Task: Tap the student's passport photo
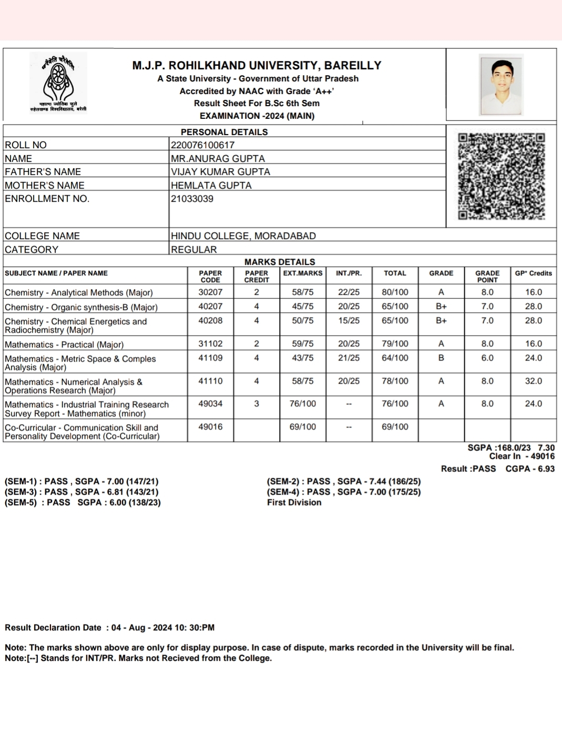pyautogui.click(x=501, y=85)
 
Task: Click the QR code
pyautogui.click(x=501, y=176)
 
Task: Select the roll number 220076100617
pyautogui.click(x=202, y=145)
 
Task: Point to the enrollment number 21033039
pyautogui.click(x=192, y=199)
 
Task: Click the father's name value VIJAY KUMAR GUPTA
pyautogui.click(x=220, y=172)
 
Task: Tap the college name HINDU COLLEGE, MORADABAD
pyautogui.click(x=243, y=236)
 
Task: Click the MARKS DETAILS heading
pyautogui.click(x=280, y=262)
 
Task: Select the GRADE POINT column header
pyautogui.click(x=487, y=276)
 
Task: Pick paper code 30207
pyautogui.click(x=210, y=292)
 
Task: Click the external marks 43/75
pyautogui.click(x=303, y=358)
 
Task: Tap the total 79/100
pyautogui.click(x=395, y=344)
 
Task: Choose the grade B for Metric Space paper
pyautogui.click(x=441, y=358)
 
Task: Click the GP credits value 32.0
pyautogui.click(x=533, y=381)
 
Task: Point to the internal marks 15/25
pyautogui.click(x=349, y=321)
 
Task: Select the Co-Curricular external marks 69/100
pyautogui.click(x=303, y=427)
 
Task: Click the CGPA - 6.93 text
pyautogui.click(x=530, y=469)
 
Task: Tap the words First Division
pyautogui.click(x=294, y=502)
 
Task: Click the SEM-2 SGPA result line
pyautogui.click(x=344, y=481)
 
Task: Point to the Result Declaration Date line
pyautogui.click(x=109, y=627)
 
